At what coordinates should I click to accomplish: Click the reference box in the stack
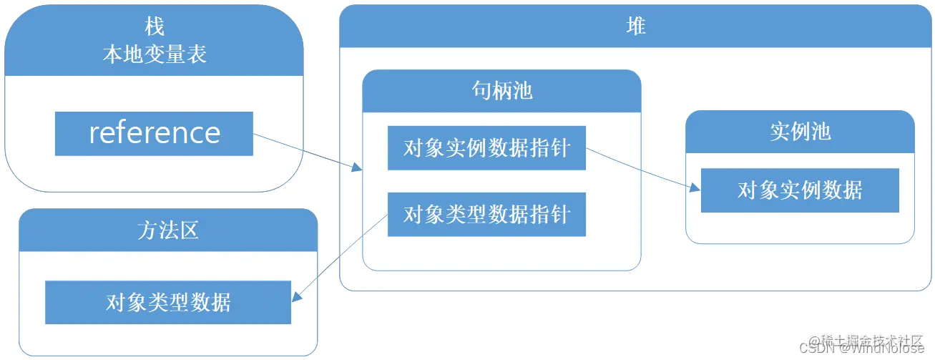[x=154, y=133]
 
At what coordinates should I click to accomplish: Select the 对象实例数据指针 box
[x=486, y=148]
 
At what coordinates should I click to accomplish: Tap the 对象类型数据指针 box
[x=486, y=214]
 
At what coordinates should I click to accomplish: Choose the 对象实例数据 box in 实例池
[x=800, y=190]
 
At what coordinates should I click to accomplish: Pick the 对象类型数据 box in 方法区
[x=168, y=302]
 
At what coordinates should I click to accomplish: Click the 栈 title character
[x=154, y=27]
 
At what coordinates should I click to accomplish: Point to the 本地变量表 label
[x=154, y=54]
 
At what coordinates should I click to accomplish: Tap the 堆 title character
[x=635, y=27]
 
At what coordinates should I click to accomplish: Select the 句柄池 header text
[x=501, y=91]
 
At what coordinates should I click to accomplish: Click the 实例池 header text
[x=800, y=132]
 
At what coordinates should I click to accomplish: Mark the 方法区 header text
[x=168, y=230]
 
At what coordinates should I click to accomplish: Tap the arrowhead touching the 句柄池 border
[x=357, y=167]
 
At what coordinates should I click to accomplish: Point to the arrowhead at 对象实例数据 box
[x=695, y=188]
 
